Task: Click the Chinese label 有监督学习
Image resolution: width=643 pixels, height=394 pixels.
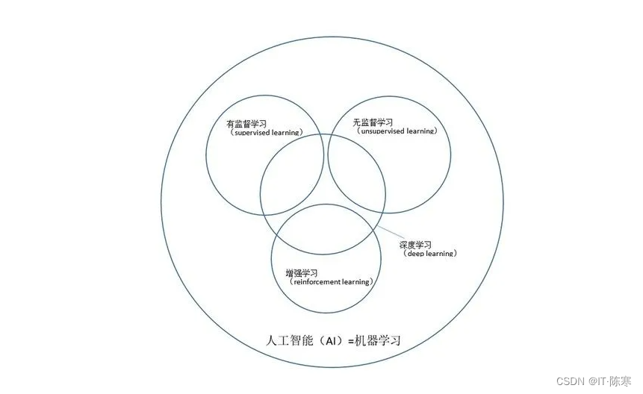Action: click(246, 124)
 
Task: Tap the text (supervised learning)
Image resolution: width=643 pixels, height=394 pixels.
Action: click(266, 133)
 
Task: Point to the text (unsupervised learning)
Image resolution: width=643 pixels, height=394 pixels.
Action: click(394, 131)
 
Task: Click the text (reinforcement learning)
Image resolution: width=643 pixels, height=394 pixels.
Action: click(329, 282)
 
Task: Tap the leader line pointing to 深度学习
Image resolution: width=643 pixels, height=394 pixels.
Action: click(389, 234)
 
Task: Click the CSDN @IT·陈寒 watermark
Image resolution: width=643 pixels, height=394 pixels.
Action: click(594, 381)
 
